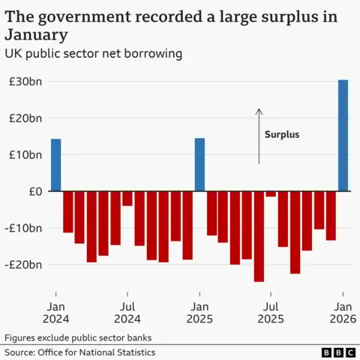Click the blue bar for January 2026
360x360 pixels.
click(x=343, y=135)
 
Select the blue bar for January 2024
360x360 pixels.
click(x=55, y=165)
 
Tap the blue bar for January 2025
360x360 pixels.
click(x=199, y=165)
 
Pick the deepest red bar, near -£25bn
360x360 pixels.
click(x=259, y=236)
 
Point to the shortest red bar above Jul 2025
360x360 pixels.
click(x=271, y=194)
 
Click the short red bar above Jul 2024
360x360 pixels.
click(x=127, y=199)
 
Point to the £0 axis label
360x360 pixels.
click(x=34, y=191)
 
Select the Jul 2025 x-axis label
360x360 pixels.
click(x=271, y=313)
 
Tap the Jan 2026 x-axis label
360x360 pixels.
click(x=343, y=313)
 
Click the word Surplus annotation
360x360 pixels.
click(x=282, y=135)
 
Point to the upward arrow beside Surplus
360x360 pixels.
click(x=259, y=136)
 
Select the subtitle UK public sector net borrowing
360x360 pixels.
click(x=94, y=54)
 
